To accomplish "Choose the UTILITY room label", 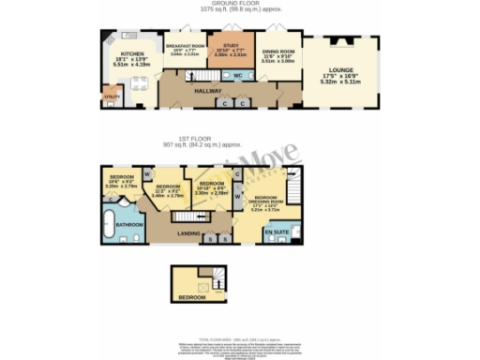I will click(111, 96).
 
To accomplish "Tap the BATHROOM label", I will click(129, 225).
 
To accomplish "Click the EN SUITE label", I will click(276, 230).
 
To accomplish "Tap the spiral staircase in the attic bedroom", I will click(215, 278).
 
